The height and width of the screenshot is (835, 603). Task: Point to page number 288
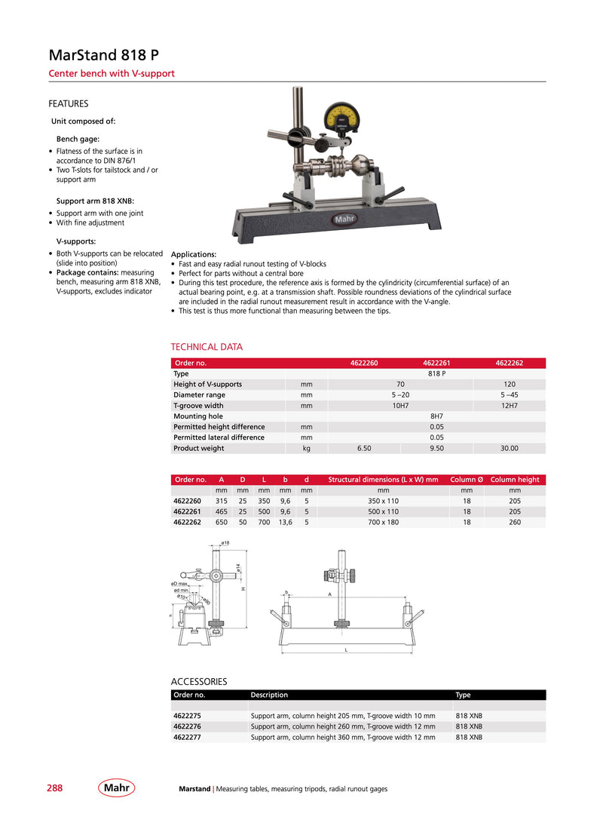tap(55, 788)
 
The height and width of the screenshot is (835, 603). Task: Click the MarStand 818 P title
tap(103, 56)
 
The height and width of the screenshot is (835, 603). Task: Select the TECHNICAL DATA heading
tap(207, 347)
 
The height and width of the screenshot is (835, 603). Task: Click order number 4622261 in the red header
tap(436, 363)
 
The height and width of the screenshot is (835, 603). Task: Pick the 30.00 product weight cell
tap(509, 448)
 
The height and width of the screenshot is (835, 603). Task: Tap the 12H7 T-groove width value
tap(509, 406)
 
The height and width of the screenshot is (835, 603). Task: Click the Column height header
tap(515, 480)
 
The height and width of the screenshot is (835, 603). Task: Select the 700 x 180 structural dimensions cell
tap(383, 522)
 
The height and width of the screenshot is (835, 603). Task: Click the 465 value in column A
tap(222, 511)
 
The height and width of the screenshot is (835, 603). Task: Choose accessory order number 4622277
tap(187, 738)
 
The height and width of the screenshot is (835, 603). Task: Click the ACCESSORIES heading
tap(200, 681)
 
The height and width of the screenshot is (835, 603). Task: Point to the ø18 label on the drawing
tap(225, 543)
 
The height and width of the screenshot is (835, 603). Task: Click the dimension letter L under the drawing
tap(346, 651)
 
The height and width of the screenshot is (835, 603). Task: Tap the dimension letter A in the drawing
tap(329, 594)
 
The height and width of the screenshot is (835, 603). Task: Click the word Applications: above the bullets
tap(194, 254)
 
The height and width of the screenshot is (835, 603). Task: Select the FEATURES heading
tap(69, 104)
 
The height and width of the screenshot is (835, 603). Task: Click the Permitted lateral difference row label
tap(219, 437)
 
